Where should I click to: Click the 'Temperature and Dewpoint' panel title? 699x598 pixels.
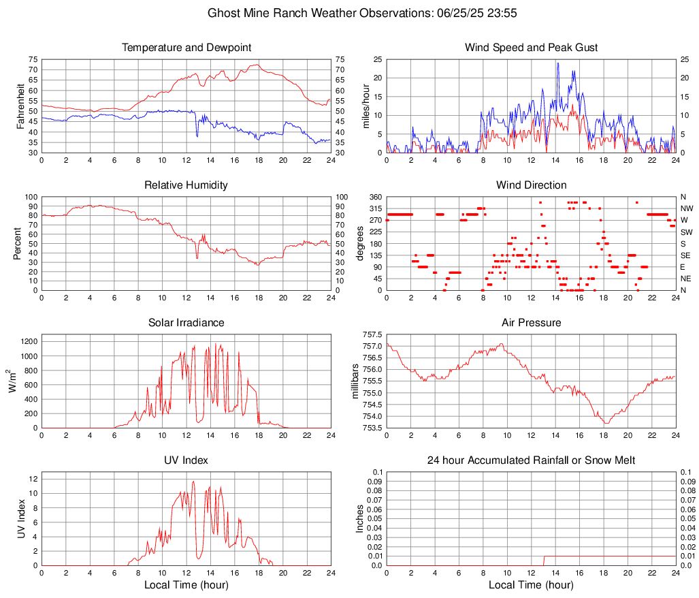(186, 48)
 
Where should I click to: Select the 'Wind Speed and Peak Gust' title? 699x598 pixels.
(531, 48)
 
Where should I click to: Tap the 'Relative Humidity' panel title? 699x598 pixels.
(186, 185)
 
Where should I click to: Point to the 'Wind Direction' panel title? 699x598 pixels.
(531, 185)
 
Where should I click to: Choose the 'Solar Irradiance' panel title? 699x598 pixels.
(186, 323)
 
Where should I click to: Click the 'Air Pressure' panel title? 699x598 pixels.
(531, 323)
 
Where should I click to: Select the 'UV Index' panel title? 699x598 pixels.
(186, 460)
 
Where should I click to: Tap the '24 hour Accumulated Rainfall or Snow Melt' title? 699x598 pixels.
(531, 460)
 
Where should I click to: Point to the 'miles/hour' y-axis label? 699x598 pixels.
(365, 106)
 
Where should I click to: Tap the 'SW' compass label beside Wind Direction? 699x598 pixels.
(686, 232)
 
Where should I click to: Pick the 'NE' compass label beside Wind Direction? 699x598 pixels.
(686, 279)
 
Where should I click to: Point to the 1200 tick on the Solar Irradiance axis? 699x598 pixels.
(29, 338)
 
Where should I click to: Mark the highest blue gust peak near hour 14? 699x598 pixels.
(558, 63)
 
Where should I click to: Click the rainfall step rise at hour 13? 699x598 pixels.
(544, 560)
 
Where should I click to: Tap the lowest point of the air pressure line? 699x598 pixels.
(606, 424)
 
